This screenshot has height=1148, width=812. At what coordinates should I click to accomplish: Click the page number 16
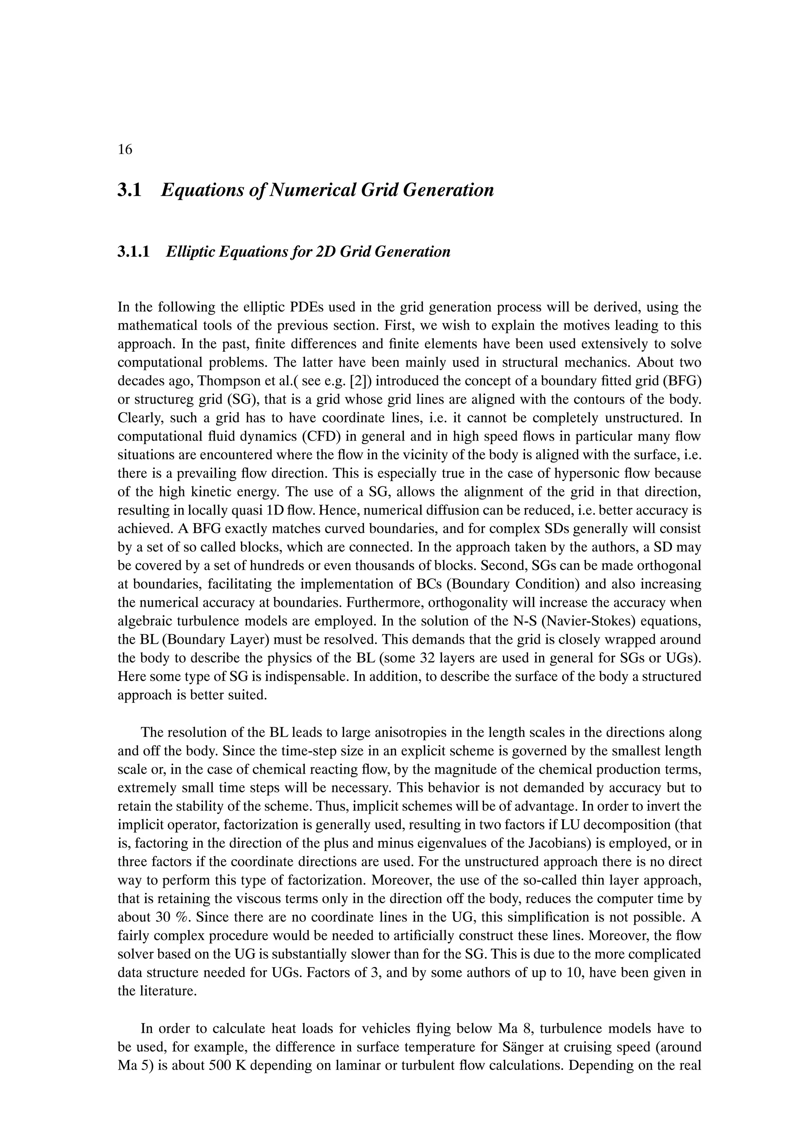tap(125, 149)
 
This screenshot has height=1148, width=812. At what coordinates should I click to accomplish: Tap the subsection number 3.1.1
tap(134, 252)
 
